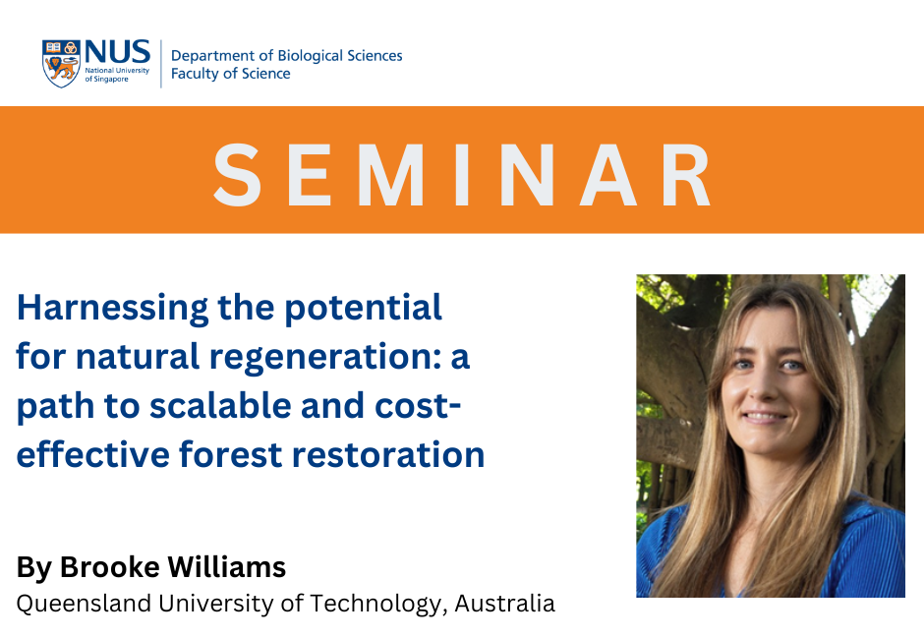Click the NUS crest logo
click(61, 64)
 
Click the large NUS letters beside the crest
click(117, 53)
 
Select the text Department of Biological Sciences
click(286, 55)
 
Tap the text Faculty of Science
click(230, 74)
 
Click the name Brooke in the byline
click(109, 567)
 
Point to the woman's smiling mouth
click(769, 417)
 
